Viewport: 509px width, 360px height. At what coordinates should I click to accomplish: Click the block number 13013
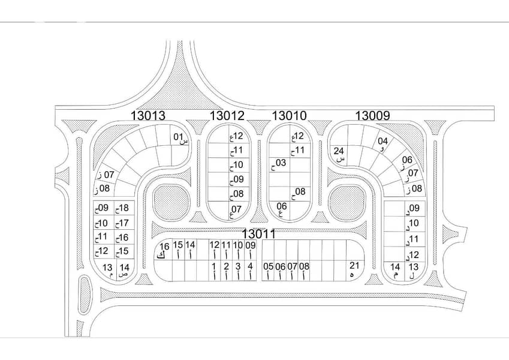pyautogui.click(x=148, y=115)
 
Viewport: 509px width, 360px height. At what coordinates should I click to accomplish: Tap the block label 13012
pyautogui.click(x=227, y=115)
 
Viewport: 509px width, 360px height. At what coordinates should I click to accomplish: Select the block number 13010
pyautogui.click(x=289, y=115)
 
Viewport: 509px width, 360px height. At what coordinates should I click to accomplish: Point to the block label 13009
pyautogui.click(x=372, y=115)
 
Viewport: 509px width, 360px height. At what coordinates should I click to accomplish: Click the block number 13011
pyautogui.click(x=259, y=233)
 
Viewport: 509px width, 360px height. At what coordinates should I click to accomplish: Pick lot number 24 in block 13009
pyautogui.click(x=339, y=151)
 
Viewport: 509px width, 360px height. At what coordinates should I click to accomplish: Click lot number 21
pyautogui.click(x=354, y=265)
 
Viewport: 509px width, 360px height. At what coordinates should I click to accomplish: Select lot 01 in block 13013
pyautogui.click(x=179, y=137)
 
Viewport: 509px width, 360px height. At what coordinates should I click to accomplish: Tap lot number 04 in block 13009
pyautogui.click(x=382, y=142)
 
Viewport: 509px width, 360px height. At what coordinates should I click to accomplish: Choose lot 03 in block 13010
pyautogui.click(x=281, y=163)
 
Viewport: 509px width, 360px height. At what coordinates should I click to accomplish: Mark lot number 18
pyautogui.click(x=124, y=208)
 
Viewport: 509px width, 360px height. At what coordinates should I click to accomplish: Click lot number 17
pyautogui.click(x=124, y=223)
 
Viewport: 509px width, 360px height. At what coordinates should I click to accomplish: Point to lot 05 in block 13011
pyautogui.click(x=268, y=266)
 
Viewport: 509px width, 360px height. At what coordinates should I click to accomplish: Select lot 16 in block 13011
pyautogui.click(x=165, y=247)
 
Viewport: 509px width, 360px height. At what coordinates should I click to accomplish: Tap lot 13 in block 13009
pyautogui.click(x=413, y=267)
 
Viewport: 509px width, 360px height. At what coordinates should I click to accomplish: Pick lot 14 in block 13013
pyautogui.click(x=124, y=268)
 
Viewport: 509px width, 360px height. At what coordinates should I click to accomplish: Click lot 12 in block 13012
pyautogui.click(x=238, y=136)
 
